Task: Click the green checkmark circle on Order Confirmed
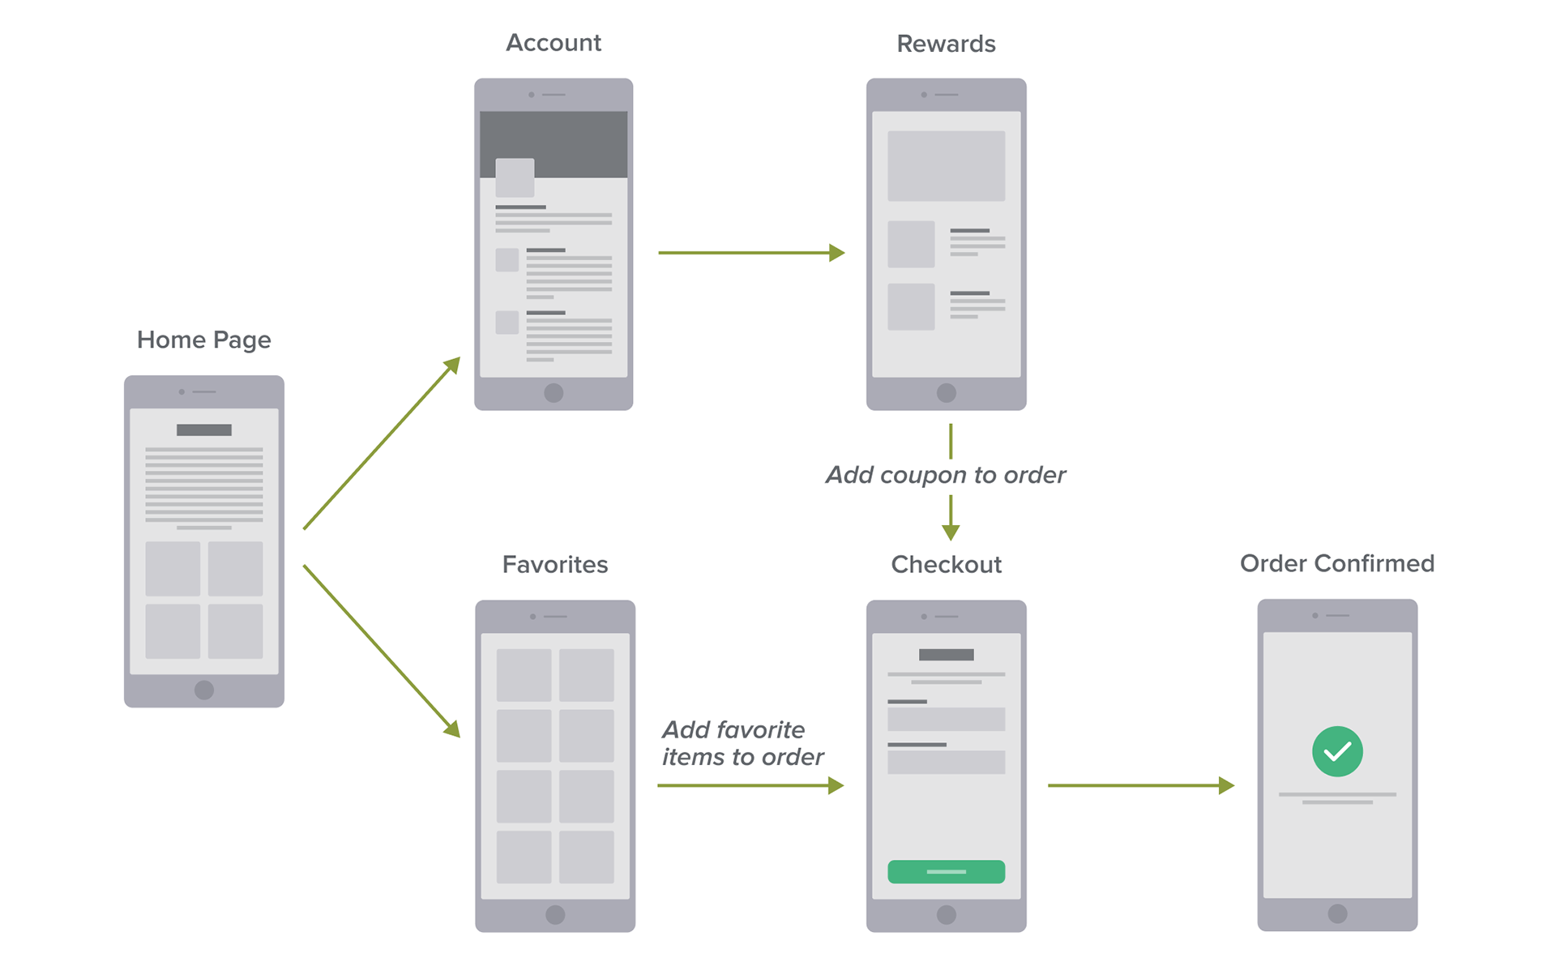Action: click(1337, 751)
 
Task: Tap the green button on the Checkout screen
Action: click(946, 871)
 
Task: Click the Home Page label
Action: click(203, 340)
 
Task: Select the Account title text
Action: click(554, 43)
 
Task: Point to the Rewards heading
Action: click(946, 44)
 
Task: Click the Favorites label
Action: click(555, 565)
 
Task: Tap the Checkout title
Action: click(946, 565)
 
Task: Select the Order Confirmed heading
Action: click(1337, 563)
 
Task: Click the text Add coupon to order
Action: click(946, 475)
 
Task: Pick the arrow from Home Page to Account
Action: click(381, 444)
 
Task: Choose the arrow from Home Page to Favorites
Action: click(381, 651)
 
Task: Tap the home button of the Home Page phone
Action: click(204, 690)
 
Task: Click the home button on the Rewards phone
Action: click(946, 393)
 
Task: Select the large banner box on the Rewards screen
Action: click(946, 166)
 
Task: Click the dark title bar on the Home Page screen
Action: click(204, 430)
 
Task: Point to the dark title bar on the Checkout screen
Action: click(946, 655)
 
